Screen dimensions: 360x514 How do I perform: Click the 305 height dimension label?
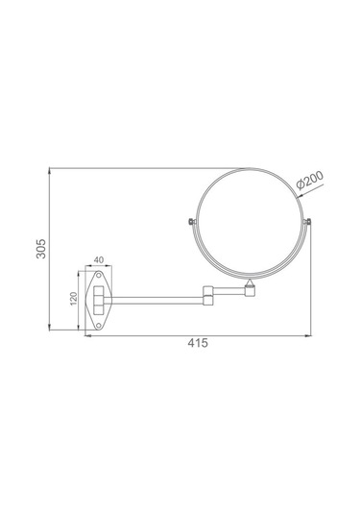point(41,249)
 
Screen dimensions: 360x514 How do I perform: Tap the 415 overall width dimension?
point(198,343)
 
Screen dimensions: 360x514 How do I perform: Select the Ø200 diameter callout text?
point(310,180)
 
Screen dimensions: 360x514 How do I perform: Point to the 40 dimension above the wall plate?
point(99,260)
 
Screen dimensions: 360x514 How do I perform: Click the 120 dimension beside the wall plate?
point(73,298)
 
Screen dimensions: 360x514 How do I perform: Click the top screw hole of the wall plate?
point(98,276)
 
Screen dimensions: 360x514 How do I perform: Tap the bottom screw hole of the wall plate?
point(98,325)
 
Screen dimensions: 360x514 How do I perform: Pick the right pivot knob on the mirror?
point(307,222)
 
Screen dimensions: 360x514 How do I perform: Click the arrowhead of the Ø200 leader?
point(300,197)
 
